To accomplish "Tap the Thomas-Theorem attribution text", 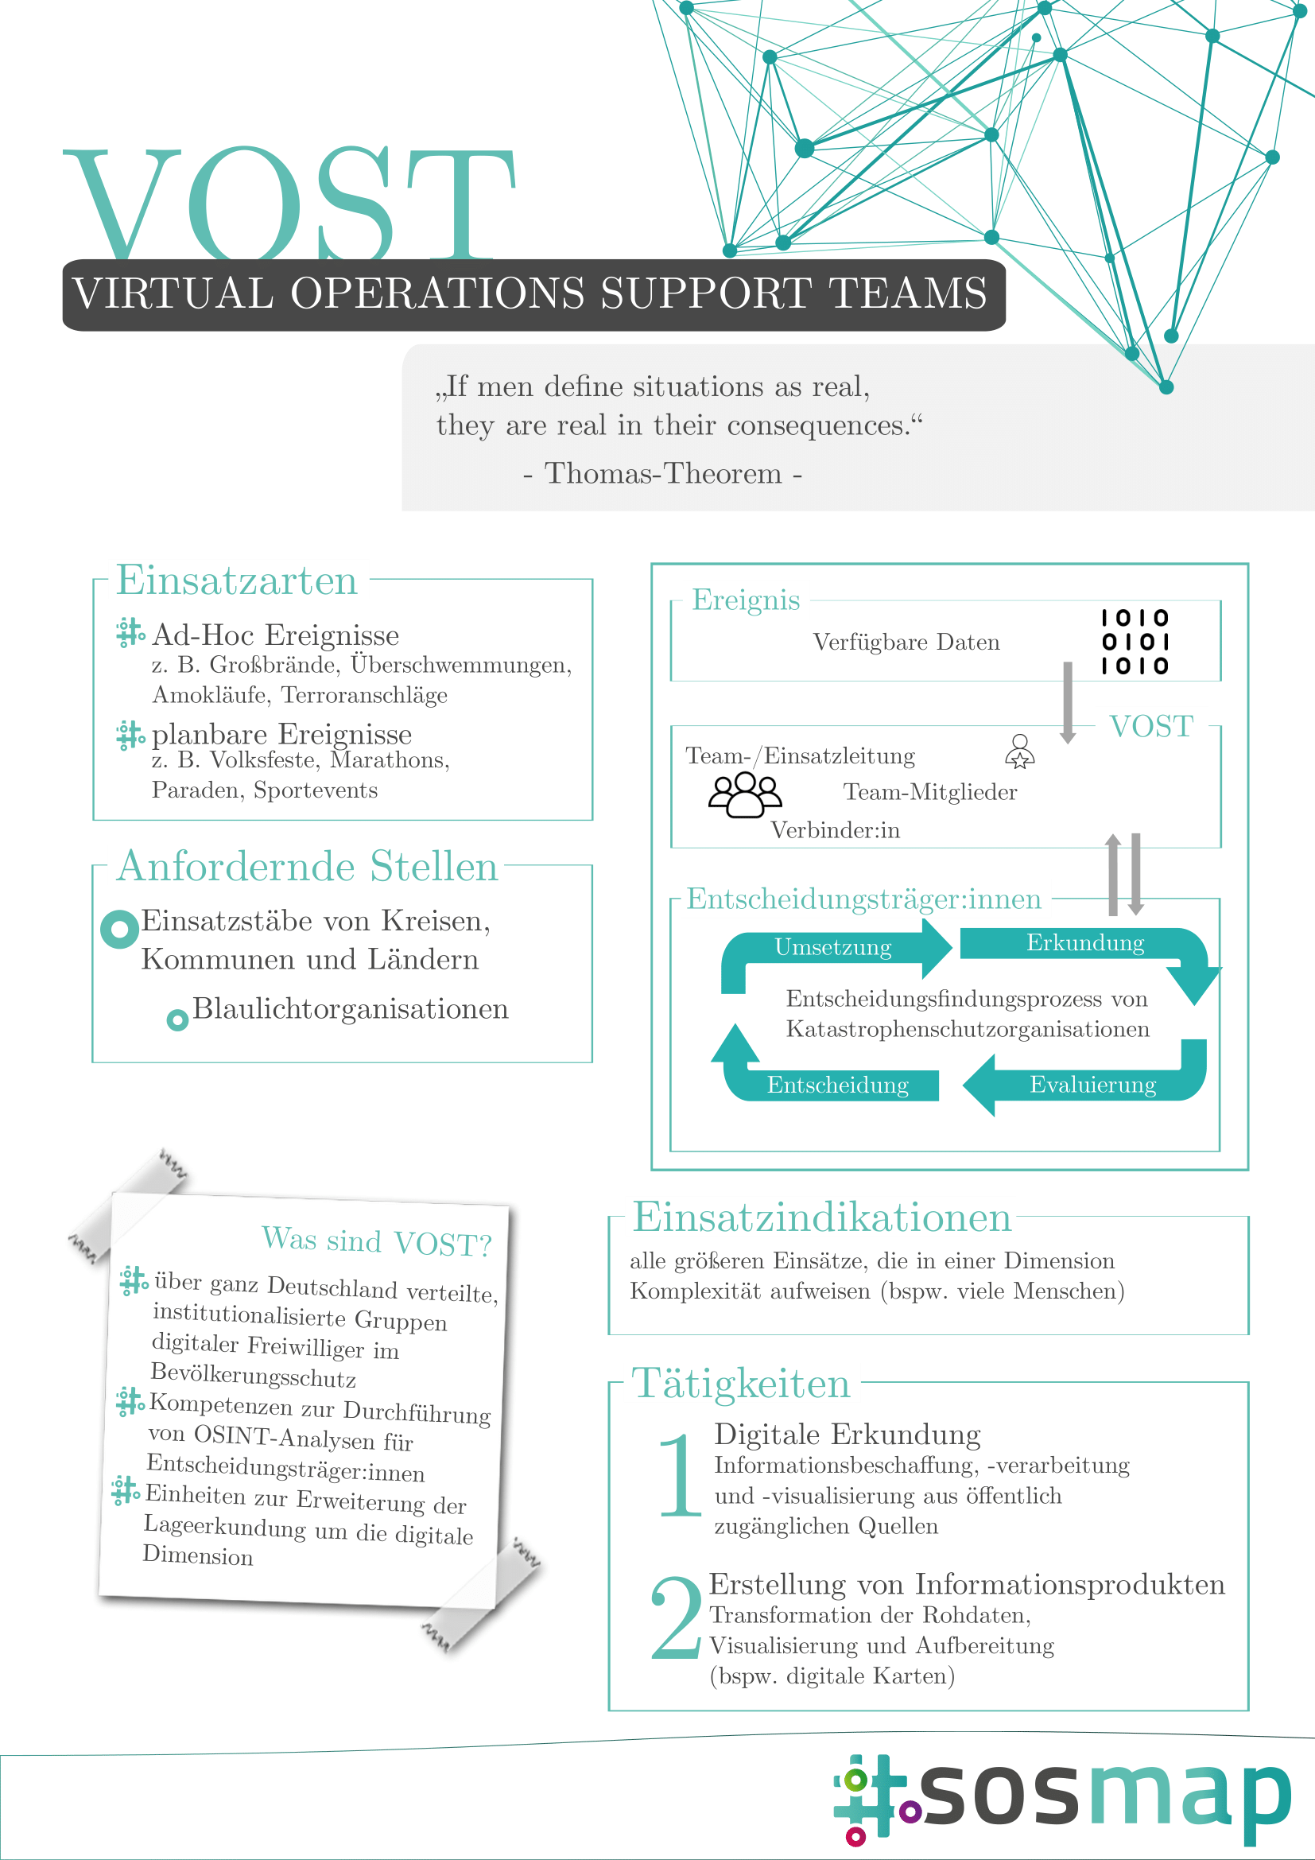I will click(662, 473).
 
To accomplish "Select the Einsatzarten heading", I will click(236, 581).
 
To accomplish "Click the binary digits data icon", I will click(1135, 642).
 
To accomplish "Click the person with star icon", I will click(1019, 751).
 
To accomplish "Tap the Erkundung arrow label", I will click(1085, 943).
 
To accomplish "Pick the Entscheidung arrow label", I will click(837, 1085).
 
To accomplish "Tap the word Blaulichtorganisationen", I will click(351, 1008).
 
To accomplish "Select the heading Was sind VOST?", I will click(378, 1241).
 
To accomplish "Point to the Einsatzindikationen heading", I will click(822, 1217).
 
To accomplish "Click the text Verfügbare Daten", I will click(906, 643).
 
